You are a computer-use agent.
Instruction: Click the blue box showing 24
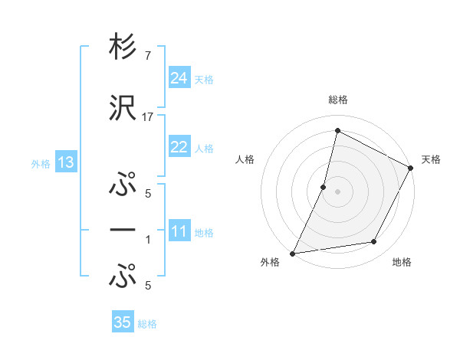179,78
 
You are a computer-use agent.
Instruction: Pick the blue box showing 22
179,148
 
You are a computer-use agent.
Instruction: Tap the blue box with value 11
179,231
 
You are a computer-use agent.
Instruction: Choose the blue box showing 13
65,162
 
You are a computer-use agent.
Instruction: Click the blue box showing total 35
123,322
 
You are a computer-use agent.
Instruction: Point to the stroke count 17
148,116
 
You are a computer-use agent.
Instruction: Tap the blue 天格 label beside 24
204,79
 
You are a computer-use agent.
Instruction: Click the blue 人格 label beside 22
204,149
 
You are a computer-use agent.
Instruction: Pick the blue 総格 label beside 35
148,323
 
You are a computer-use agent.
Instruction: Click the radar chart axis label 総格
337,100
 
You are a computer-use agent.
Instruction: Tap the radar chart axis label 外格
270,262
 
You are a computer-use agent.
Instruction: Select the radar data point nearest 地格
374,242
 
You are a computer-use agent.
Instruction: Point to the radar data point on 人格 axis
324,187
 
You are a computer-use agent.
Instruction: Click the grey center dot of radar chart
337,191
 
